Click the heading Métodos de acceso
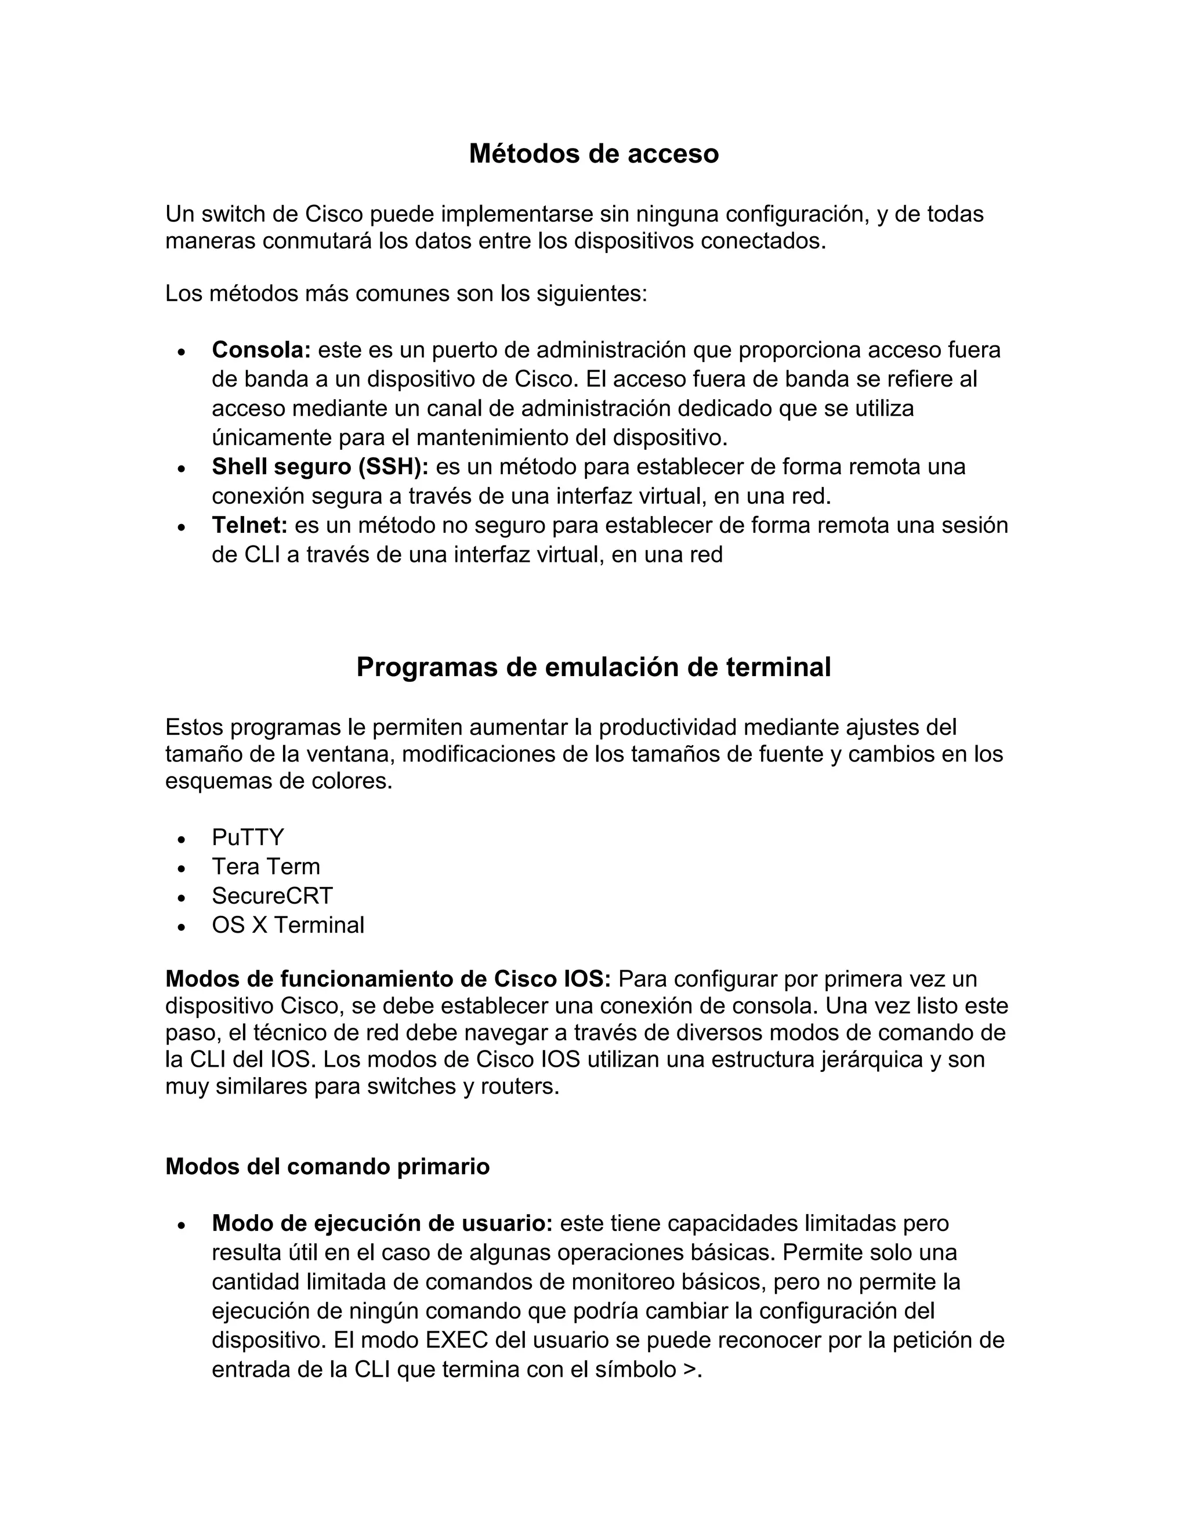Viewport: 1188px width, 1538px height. [x=593, y=154]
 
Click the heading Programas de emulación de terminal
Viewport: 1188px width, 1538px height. [x=593, y=667]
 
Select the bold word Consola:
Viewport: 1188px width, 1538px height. [x=261, y=349]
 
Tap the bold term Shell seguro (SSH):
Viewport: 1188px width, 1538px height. [x=320, y=466]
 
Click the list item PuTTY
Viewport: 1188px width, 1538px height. [x=248, y=837]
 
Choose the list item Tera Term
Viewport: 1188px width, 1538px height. [x=265, y=866]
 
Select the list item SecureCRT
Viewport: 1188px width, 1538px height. [x=271, y=896]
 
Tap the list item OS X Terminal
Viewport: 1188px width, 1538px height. [x=288, y=925]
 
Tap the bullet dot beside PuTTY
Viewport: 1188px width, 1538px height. [x=182, y=839]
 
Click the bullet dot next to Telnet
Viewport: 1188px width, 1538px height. [x=182, y=526]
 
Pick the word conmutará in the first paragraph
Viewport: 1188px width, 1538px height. [x=317, y=241]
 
